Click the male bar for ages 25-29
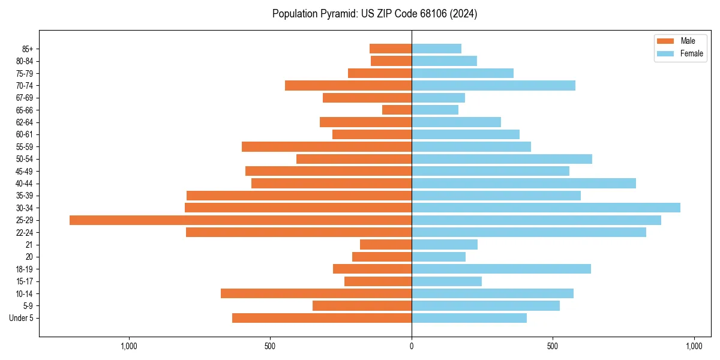(240, 220)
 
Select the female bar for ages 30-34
(546, 208)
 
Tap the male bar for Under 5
(322, 318)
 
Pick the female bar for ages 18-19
(501, 269)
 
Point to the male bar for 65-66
(397, 110)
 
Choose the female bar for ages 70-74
(493, 85)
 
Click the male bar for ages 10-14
(316, 293)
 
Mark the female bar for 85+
(436, 49)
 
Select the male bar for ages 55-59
(326, 146)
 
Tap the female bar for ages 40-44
(524, 183)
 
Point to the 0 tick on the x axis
(412, 346)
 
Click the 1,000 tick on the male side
(129, 346)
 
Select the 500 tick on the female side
(553, 346)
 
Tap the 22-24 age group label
(25, 232)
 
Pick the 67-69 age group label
(25, 98)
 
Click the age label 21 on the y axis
(29, 245)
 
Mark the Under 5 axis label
(22, 318)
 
